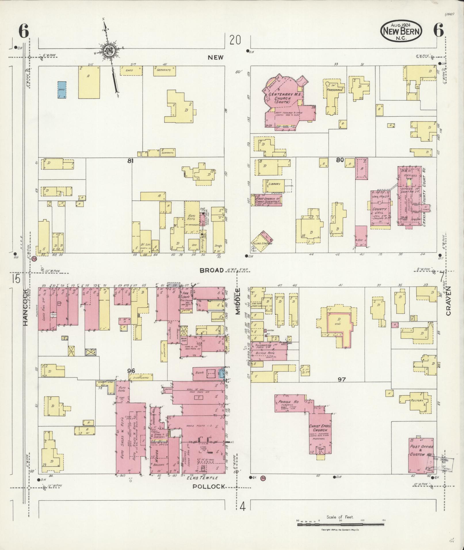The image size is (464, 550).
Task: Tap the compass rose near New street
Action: [x=109, y=51]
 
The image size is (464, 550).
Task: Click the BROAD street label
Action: [x=212, y=270]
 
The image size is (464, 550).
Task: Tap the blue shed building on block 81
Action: [x=62, y=90]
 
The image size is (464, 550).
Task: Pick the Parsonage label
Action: [x=335, y=90]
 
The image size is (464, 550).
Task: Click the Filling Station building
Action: [x=261, y=243]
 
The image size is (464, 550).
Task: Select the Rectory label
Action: [x=417, y=400]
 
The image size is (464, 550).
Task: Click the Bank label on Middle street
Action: [x=200, y=373]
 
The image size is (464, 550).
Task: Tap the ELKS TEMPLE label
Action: [x=202, y=478]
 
